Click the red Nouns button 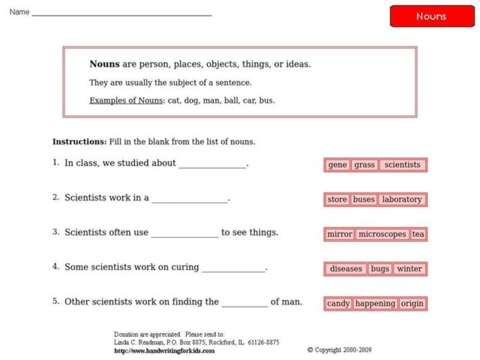(x=431, y=16)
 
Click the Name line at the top (x=122, y=13)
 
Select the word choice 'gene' (x=338, y=165)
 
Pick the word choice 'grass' (x=364, y=165)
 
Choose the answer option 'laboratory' (x=402, y=200)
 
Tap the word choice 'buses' (x=364, y=200)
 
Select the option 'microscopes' (x=382, y=235)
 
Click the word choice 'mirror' (x=340, y=235)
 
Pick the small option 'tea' (x=418, y=235)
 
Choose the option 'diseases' (x=346, y=269)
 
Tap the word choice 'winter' (x=409, y=269)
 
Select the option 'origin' (x=412, y=304)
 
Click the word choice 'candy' (x=338, y=304)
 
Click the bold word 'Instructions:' (x=80, y=142)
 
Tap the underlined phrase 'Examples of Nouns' (x=126, y=101)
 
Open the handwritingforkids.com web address (x=164, y=351)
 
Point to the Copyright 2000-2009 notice (x=340, y=350)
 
